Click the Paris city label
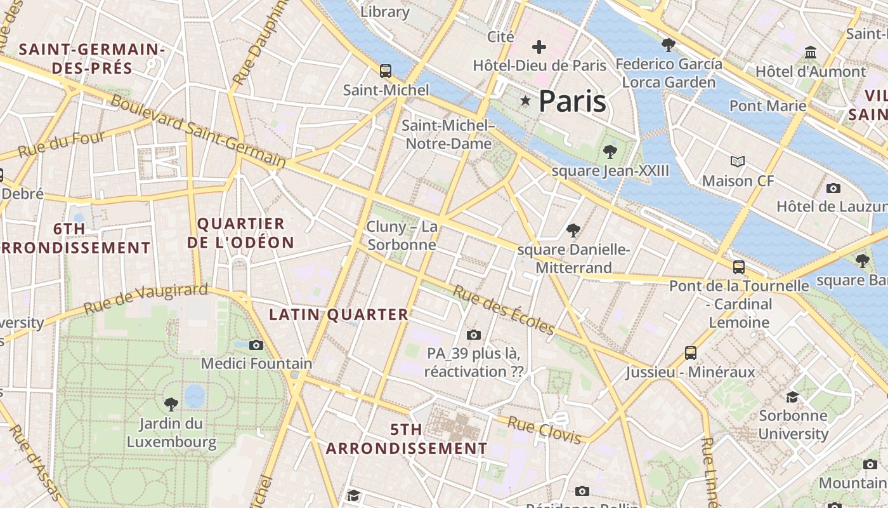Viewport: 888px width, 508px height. [x=572, y=102]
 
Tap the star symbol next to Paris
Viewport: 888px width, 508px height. [x=525, y=101]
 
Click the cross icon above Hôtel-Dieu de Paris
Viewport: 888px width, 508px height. [x=539, y=47]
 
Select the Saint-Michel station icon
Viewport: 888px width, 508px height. [x=386, y=70]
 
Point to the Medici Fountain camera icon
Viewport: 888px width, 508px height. [x=256, y=345]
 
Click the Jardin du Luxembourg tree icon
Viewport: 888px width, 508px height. [x=171, y=404]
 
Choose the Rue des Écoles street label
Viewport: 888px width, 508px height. [x=504, y=310]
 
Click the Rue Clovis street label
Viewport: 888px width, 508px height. [x=544, y=431]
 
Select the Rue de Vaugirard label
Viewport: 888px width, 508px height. [x=145, y=298]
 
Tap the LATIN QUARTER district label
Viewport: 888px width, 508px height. [x=339, y=314]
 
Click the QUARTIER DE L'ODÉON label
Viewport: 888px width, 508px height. [x=241, y=233]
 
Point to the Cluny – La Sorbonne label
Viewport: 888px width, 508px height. [x=402, y=236]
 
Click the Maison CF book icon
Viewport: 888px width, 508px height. [x=737, y=161]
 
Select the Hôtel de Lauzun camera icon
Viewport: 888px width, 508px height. [x=833, y=188]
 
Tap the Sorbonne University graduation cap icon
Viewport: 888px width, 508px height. [x=792, y=398]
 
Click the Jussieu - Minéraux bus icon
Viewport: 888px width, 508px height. [x=691, y=353]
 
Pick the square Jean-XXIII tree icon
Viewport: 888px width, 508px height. [x=610, y=151]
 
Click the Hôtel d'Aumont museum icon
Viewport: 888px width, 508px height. [x=810, y=52]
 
